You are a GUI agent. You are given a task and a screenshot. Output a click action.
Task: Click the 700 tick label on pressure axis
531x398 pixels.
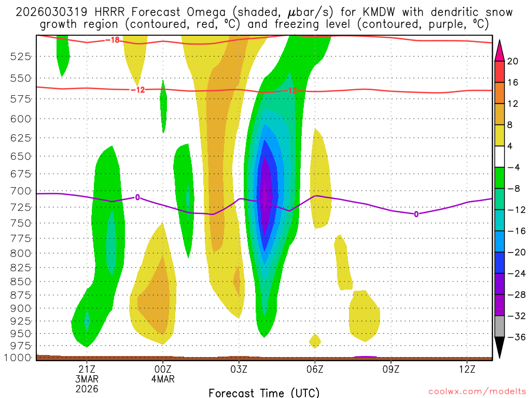pos(19,191)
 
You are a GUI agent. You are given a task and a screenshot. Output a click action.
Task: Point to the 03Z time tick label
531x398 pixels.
pos(239,369)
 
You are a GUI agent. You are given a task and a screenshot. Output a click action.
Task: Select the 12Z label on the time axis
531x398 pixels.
pos(467,369)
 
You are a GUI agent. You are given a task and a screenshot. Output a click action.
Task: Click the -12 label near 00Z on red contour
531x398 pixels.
pos(137,90)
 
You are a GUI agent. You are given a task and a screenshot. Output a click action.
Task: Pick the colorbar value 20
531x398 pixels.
pos(513,61)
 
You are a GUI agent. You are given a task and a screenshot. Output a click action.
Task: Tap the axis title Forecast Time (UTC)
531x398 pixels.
pos(264,392)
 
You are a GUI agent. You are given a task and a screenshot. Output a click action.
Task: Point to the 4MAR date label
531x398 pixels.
pos(163,379)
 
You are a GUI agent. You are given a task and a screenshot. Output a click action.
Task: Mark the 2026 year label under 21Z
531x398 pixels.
pos(87,388)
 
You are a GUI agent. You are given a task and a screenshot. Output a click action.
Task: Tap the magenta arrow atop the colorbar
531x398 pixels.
pos(499,49)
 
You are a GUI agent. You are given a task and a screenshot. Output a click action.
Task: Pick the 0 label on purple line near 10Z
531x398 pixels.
pos(416,214)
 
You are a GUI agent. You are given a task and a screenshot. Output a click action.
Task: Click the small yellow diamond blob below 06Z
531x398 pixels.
pos(315,340)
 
